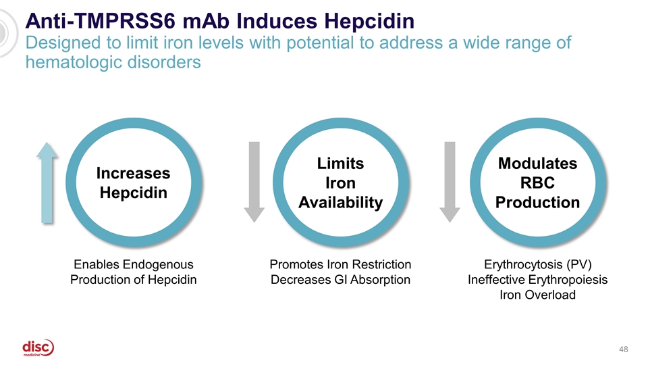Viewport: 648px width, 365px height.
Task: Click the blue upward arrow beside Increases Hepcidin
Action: coord(47,182)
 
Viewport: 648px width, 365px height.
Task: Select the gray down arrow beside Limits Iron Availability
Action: coord(254,182)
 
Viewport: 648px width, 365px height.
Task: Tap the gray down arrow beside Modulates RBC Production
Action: coord(450,182)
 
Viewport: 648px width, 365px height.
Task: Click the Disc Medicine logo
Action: coord(38,348)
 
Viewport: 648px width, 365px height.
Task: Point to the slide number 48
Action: coord(623,349)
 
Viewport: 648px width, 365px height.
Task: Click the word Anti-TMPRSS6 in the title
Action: coord(101,21)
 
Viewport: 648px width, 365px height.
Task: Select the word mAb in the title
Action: coord(209,21)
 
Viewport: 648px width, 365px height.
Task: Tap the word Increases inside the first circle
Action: coord(133,174)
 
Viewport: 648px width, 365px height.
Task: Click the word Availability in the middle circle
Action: coord(340,203)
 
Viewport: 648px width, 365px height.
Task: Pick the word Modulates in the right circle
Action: coord(537,164)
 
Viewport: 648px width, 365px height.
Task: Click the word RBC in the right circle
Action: coord(537,183)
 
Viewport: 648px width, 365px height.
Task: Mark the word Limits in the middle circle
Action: coord(340,164)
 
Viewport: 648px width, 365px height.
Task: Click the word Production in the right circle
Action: coord(537,203)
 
